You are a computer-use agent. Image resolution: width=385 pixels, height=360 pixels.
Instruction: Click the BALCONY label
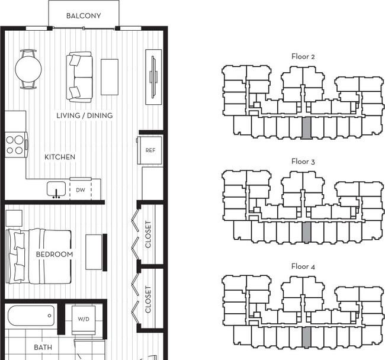pyautogui.click(x=84, y=16)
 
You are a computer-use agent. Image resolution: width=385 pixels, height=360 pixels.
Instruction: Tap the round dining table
pyautogui.click(x=28, y=69)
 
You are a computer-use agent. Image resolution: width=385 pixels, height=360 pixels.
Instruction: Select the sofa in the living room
pyautogui.click(x=79, y=77)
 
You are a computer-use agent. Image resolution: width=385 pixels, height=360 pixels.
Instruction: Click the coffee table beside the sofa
pyautogui.click(x=110, y=77)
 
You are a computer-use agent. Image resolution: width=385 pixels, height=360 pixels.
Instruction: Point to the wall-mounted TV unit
pyautogui.click(x=153, y=77)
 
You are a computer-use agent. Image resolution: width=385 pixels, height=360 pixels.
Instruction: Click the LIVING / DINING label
pyautogui.click(x=85, y=115)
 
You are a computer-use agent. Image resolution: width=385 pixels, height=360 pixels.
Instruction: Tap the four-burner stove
pyautogui.click(x=16, y=145)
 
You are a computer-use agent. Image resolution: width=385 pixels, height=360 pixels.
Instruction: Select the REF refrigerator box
pyautogui.click(x=150, y=150)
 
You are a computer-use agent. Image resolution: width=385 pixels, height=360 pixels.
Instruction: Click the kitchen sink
pyautogui.click(x=56, y=189)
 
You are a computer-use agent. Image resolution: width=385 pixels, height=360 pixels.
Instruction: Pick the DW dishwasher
pyautogui.click(x=81, y=189)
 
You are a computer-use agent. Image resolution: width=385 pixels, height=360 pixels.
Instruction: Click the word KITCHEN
pyautogui.click(x=60, y=157)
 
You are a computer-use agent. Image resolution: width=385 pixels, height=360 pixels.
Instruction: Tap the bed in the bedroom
pyautogui.click(x=38, y=256)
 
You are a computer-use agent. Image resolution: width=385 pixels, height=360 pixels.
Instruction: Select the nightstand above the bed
pyautogui.click(x=14, y=218)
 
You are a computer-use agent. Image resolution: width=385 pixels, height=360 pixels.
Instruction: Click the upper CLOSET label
pyautogui.click(x=148, y=234)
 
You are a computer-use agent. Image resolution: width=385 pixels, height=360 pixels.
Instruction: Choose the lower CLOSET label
pyautogui.click(x=148, y=300)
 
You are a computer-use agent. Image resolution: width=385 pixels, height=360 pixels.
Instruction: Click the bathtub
pyautogui.click(x=31, y=316)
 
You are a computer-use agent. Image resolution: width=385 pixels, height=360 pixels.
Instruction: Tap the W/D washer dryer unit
pyautogui.click(x=84, y=320)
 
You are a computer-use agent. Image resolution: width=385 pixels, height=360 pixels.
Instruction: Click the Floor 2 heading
pyautogui.click(x=303, y=56)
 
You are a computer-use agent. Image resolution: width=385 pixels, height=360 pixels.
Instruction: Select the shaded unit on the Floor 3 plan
pyautogui.click(x=306, y=232)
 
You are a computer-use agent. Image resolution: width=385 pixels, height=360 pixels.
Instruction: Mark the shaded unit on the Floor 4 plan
pyautogui.click(x=306, y=337)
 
